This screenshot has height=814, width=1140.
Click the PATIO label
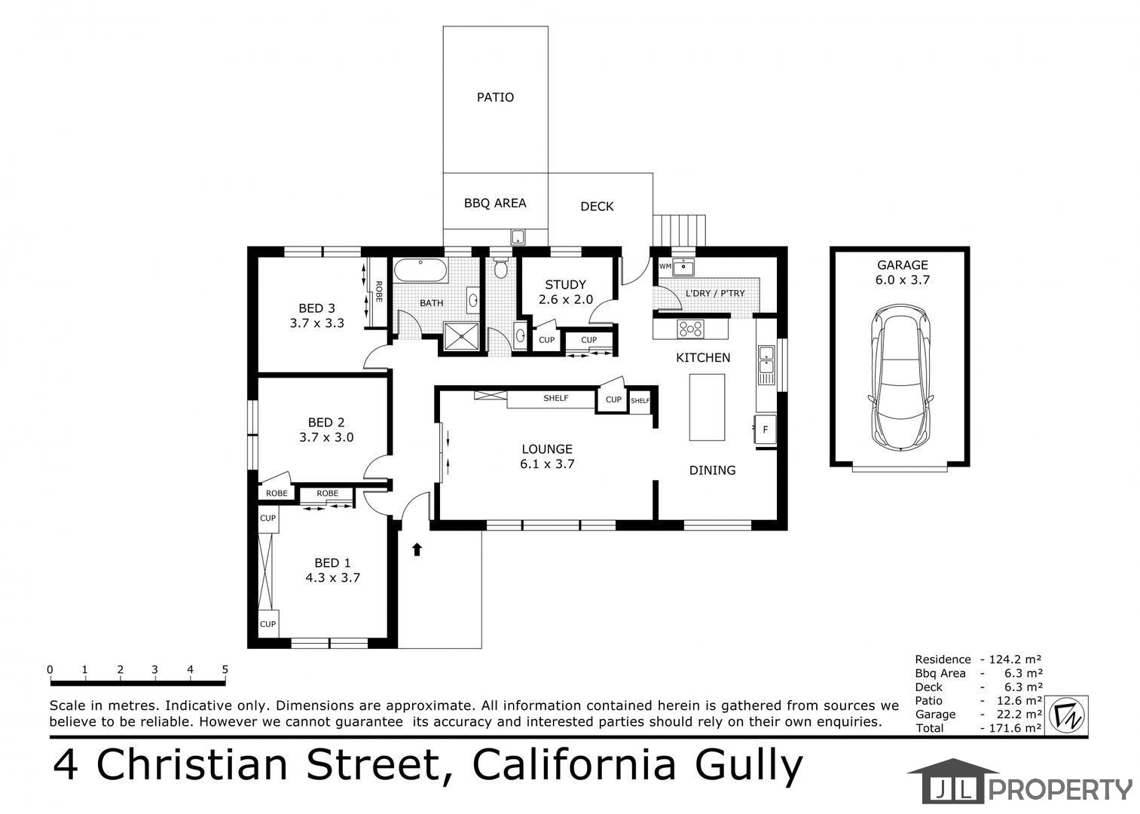pyautogui.click(x=495, y=97)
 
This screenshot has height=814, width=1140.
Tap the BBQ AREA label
pyautogui.click(x=495, y=203)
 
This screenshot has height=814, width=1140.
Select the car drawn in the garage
pyautogui.click(x=900, y=378)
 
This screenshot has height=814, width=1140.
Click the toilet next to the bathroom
pyautogui.click(x=501, y=268)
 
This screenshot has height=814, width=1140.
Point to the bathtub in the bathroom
pyautogui.click(x=420, y=270)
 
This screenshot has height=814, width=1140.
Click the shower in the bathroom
pyautogui.click(x=461, y=336)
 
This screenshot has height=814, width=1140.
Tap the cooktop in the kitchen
pyautogui.click(x=690, y=329)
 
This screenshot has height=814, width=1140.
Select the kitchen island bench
pyautogui.click(x=707, y=407)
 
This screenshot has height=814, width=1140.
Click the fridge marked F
pyautogui.click(x=765, y=430)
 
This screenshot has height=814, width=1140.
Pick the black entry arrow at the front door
pyautogui.click(x=417, y=549)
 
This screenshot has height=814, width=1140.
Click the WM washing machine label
pyautogui.click(x=665, y=266)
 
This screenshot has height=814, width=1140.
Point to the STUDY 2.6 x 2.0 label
pyautogui.click(x=565, y=292)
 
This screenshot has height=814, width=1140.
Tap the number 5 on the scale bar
pyautogui.click(x=225, y=669)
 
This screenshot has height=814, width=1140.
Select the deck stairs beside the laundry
pyautogui.click(x=679, y=230)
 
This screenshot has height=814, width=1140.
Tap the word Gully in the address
pyautogui.click(x=749, y=766)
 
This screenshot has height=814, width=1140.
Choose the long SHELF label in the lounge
pyautogui.click(x=556, y=398)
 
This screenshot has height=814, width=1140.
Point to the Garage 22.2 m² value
pyautogui.click(x=1019, y=715)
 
